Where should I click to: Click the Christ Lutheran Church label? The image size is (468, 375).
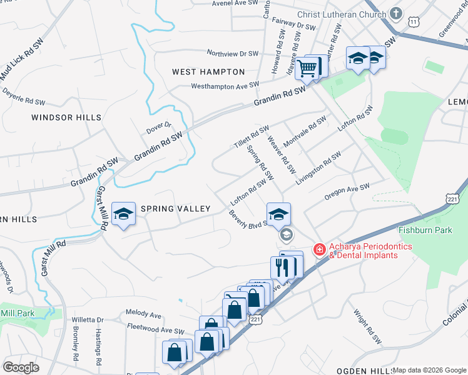click(x=342, y=14)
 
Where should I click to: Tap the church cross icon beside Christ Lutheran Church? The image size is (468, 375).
click(x=395, y=13)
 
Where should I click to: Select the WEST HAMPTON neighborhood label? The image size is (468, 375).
click(x=208, y=72)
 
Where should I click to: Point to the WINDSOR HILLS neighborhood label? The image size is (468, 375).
click(x=66, y=117)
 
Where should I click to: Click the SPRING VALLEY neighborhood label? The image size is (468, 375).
click(x=175, y=208)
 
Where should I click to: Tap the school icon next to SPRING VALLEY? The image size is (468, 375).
click(x=123, y=214)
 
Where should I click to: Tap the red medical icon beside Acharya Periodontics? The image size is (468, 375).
click(x=319, y=250)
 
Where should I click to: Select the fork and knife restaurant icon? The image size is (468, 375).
click(x=283, y=267)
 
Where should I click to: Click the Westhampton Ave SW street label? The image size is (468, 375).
click(x=225, y=86)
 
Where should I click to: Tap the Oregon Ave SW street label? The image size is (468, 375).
click(x=347, y=192)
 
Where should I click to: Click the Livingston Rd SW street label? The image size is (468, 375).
click(x=318, y=167)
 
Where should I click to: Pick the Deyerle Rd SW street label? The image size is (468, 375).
click(x=24, y=96)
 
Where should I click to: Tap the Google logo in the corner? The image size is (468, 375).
click(x=21, y=367)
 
